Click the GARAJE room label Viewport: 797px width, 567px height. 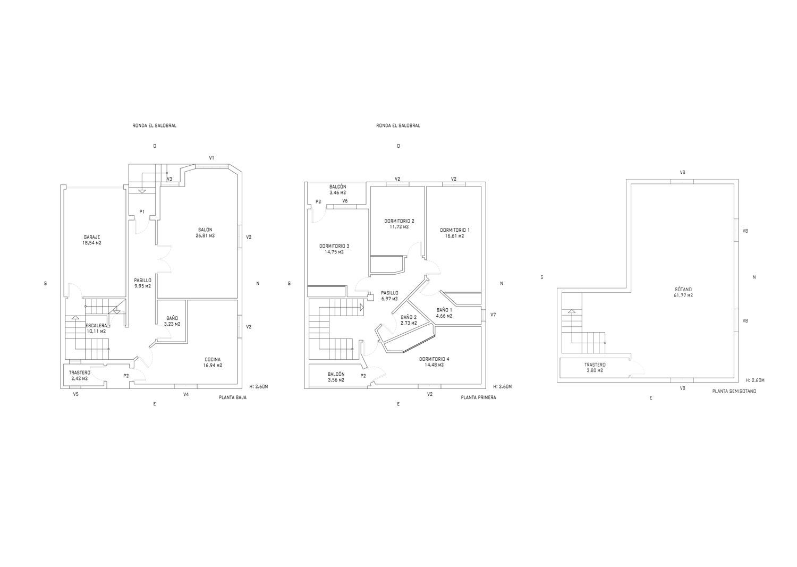tap(92, 240)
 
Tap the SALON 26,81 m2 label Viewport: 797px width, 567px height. tap(205, 232)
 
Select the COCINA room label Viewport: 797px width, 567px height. tap(213, 362)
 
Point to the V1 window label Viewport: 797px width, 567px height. tap(211, 158)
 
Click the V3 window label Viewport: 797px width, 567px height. tap(169, 179)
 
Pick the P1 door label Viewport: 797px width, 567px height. tap(142, 212)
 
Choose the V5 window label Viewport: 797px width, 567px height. tap(76, 394)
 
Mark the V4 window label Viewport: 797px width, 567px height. tap(186, 394)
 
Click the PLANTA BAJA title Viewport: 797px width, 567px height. tap(233, 397)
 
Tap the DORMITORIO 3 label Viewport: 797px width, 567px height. tap(334, 249)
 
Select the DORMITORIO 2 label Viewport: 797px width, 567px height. tap(399, 224)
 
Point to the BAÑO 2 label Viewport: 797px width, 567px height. tap(409, 319)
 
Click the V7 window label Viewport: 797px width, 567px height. tap(493, 315)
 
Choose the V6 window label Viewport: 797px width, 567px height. tap(345, 201)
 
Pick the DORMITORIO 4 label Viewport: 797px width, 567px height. tap(434, 362)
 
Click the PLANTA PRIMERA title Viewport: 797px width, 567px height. tap(478, 397)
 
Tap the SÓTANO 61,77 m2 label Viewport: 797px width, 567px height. tap(683, 292)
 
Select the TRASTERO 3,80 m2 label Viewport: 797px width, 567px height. tap(595, 367)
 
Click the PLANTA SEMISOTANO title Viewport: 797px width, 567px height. tap(734, 391)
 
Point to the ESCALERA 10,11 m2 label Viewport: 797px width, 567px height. tap(96, 328)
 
